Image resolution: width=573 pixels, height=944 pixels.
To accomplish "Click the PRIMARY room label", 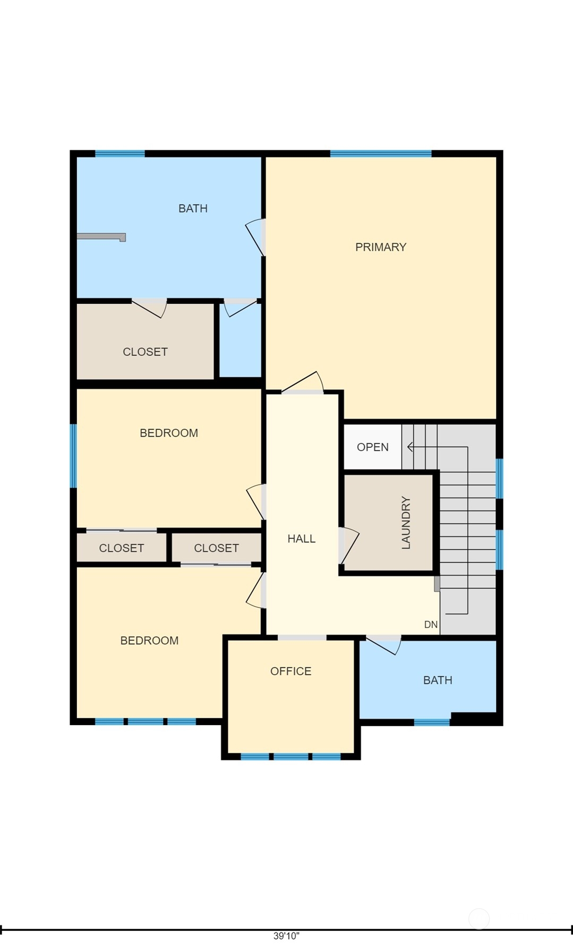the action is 381,247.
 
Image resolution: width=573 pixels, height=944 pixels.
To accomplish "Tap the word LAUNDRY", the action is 406,523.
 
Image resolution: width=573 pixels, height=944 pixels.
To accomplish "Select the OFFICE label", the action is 291,671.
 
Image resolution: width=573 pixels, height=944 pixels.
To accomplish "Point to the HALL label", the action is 302,539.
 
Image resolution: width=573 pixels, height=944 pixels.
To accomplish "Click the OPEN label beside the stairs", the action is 373,447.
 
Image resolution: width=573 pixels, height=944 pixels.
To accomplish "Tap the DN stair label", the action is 431,625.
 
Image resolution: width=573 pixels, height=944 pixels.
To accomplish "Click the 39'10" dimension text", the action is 287,936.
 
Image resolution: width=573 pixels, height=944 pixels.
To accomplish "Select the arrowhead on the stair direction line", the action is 410,447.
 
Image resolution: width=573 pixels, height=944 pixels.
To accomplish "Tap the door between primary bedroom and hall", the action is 303,382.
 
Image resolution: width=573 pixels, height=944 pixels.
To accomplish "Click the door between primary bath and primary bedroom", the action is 256,237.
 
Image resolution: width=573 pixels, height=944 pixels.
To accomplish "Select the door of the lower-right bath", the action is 383,644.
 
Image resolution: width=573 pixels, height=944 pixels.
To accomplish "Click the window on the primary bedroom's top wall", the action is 381,154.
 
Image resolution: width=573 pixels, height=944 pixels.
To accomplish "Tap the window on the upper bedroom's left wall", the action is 73,456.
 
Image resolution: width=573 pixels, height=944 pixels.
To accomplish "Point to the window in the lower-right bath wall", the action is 432,722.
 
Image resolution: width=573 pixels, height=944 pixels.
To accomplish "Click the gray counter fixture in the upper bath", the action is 101,237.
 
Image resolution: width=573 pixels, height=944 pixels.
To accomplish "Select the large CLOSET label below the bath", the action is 146,352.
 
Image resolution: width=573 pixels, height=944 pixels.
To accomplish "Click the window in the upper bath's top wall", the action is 120,154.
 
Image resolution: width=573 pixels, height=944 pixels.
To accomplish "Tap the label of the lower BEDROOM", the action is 150,641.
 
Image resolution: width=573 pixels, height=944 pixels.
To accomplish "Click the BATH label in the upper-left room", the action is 193,209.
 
